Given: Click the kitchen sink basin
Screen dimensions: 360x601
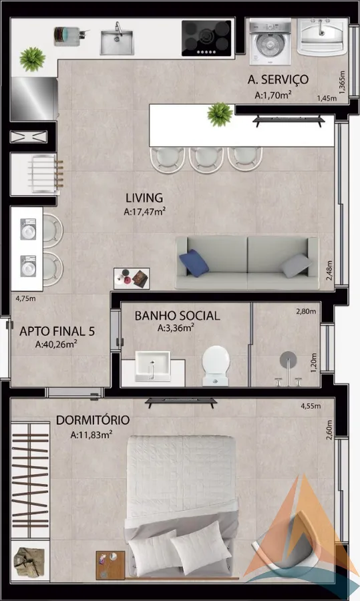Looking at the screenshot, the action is pyautogui.click(x=117, y=42).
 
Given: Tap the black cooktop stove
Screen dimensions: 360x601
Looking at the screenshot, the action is pyautogui.click(x=206, y=38).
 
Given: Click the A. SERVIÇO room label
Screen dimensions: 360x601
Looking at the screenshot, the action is pyautogui.click(x=278, y=79).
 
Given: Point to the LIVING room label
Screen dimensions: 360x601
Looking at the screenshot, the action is pyautogui.click(x=144, y=198).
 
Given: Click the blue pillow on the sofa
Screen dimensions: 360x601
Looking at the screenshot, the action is pyautogui.click(x=194, y=263).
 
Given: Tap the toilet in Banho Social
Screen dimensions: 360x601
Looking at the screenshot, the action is pyautogui.click(x=216, y=365).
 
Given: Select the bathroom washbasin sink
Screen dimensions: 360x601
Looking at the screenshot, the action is pyautogui.click(x=152, y=367).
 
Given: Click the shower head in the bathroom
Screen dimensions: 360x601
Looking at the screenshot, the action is pyautogui.click(x=288, y=359).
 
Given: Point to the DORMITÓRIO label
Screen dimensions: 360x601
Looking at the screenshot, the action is pyautogui.click(x=93, y=420).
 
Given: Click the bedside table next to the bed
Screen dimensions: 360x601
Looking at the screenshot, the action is pyautogui.click(x=110, y=565).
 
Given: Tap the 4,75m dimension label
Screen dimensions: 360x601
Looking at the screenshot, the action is pyautogui.click(x=25, y=298).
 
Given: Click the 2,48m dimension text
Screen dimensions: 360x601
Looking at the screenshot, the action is pyautogui.click(x=329, y=270).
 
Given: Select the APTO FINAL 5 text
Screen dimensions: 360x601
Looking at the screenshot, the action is pyautogui.click(x=57, y=331).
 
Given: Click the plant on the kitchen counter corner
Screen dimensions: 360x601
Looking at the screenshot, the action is pyautogui.click(x=33, y=59).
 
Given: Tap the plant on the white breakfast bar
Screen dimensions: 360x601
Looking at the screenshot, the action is pyautogui.click(x=220, y=114).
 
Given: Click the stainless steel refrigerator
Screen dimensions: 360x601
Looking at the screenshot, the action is pyautogui.click(x=35, y=99).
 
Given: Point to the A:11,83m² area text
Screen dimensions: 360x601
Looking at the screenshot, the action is pyautogui.click(x=92, y=434).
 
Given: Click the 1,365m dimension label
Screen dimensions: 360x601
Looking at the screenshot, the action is pyautogui.click(x=343, y=82).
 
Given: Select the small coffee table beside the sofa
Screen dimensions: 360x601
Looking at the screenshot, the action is pyautogui.click(x=132, y=278).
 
